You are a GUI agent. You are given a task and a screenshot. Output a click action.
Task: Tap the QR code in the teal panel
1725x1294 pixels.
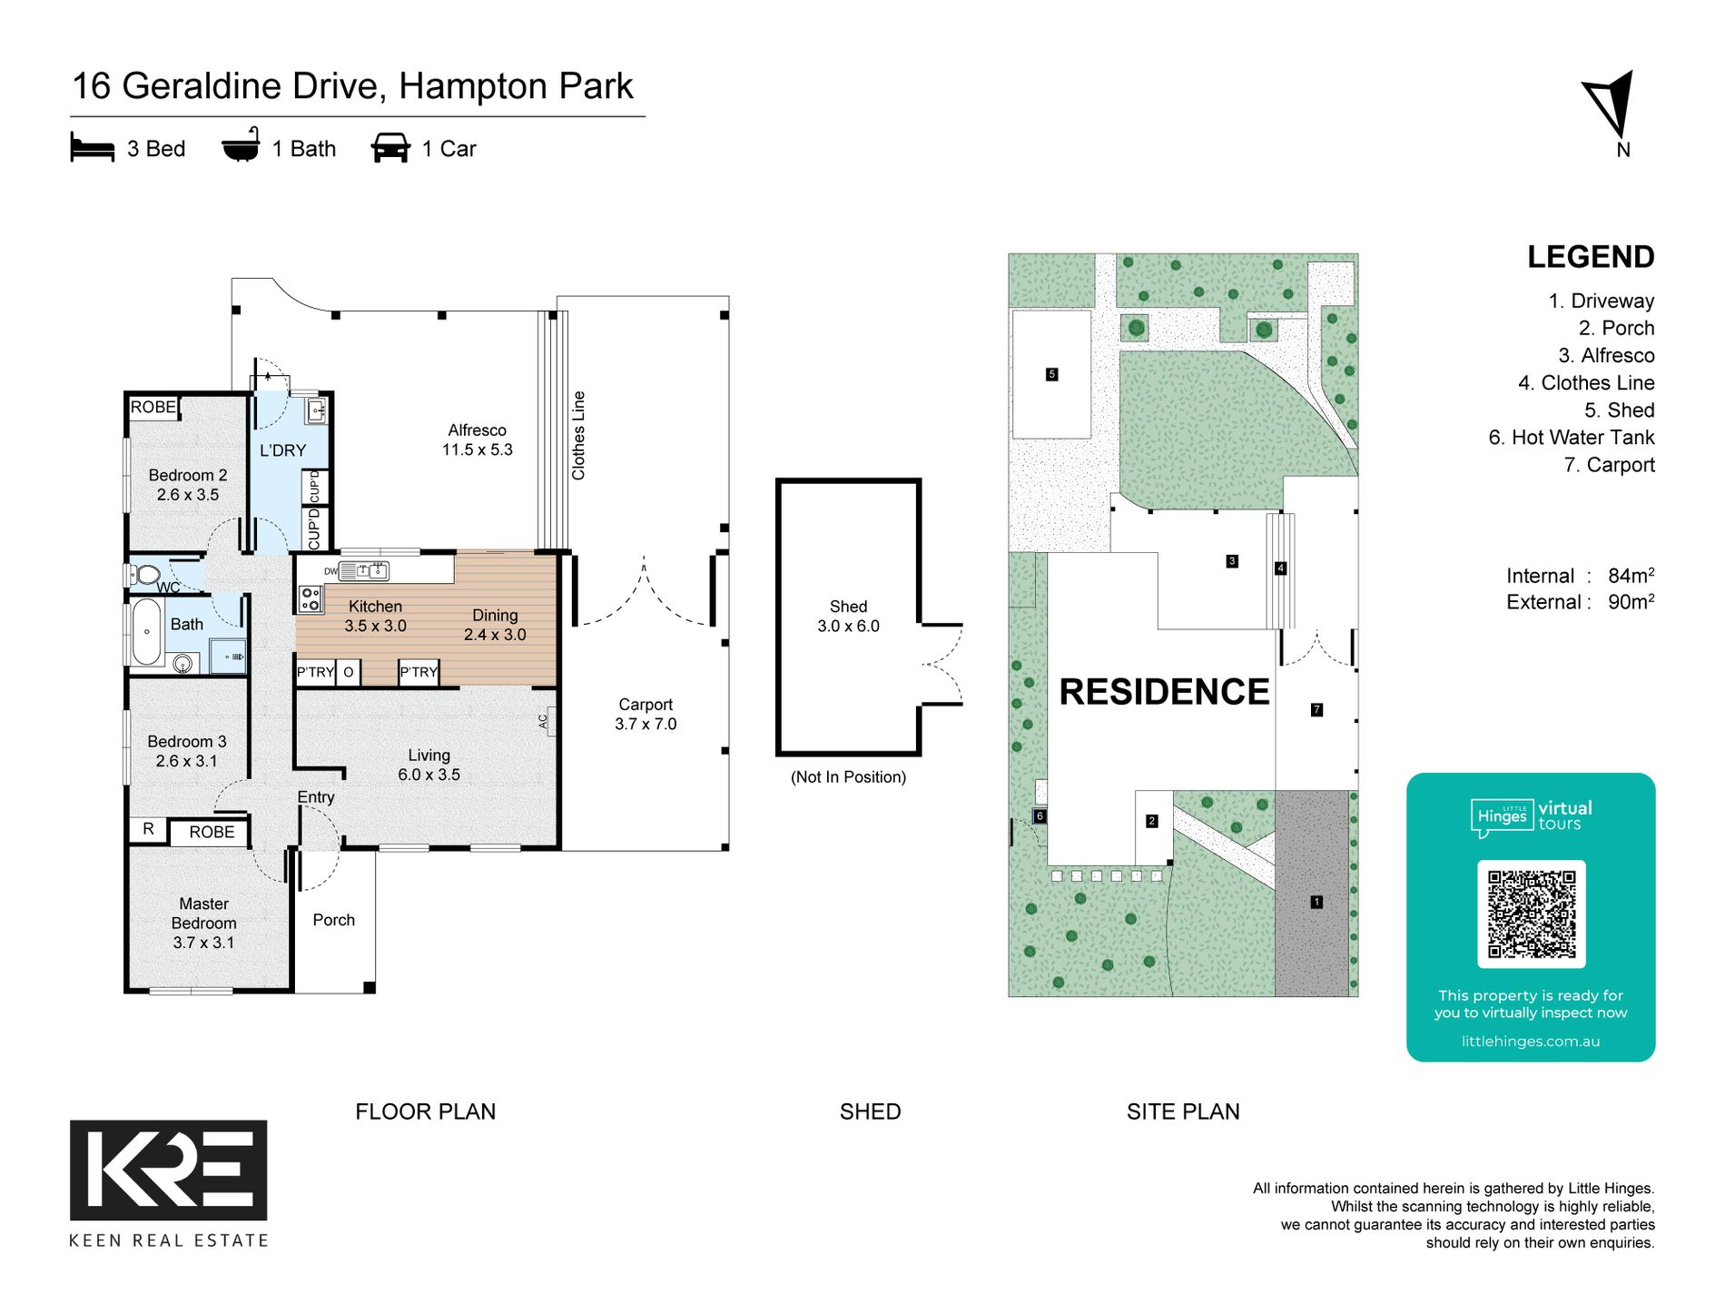tap(1532, 914)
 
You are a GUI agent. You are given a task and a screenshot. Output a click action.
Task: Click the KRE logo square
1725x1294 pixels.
tap(169, 1170)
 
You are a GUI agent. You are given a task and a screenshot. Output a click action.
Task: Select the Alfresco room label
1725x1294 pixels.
tap(478, 440)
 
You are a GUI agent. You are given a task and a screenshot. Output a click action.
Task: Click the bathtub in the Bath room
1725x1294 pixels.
tap(146, 631)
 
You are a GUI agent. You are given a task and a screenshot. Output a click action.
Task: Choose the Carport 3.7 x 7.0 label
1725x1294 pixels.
tap(646, 714)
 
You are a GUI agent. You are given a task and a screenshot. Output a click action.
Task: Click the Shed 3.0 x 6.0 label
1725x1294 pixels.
tap(849, 616)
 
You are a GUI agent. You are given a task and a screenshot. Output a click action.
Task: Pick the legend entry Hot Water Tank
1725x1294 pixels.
tap(1572, 438)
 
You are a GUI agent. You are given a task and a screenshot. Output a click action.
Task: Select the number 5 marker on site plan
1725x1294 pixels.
tap(1052, 374)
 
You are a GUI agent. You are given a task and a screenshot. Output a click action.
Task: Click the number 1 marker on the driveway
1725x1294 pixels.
tap(1316, 902)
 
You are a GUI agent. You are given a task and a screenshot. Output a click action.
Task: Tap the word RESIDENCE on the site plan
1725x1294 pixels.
tap(1164, 692)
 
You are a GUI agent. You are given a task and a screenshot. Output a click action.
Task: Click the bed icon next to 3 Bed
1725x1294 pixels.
tap(93, 148)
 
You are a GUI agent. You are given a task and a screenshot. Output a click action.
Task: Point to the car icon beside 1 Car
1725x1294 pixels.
tap(390, 148)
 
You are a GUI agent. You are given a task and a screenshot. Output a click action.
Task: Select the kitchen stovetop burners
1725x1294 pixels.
tap(310, 598)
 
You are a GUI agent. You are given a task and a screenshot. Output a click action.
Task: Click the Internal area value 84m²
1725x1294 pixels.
tap(1631, 576)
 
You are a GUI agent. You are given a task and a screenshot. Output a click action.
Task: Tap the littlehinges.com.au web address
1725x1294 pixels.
tap(1531, 1042)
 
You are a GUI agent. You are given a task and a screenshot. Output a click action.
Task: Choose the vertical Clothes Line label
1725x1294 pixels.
tap(578, 436)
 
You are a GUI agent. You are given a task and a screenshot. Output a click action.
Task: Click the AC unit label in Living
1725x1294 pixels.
tap(543, 721)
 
